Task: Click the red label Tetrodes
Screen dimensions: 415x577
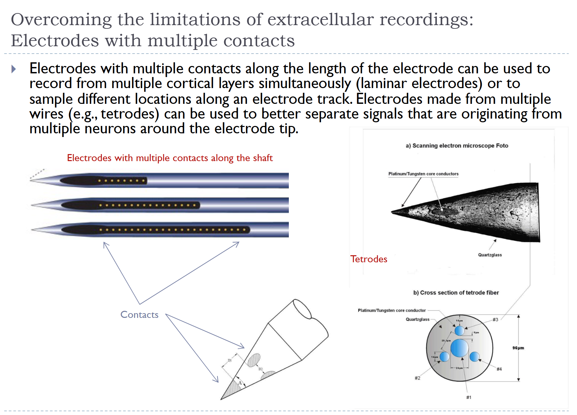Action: coord(369,259)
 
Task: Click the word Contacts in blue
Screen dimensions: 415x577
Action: coord(139,315)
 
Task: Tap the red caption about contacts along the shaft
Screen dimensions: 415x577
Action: coord(170,158)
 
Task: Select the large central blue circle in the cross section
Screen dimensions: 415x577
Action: coord(459,348)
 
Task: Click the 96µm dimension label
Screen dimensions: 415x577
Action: coord(518,348)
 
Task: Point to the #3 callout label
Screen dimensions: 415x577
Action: coord(495,320)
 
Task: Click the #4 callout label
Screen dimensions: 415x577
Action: coord(499,369)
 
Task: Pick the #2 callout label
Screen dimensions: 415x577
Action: coord(417,378)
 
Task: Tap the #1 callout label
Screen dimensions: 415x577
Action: coord(468,398)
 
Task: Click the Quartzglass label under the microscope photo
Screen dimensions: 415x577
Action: coord(490,255)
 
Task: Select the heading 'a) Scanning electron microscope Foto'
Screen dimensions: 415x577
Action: coord(457,146)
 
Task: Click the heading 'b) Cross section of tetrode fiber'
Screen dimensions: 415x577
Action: coord(456,293)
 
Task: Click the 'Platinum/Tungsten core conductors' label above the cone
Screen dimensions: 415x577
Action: coord(423,174)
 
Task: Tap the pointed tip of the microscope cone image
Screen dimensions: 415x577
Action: coord(392,212)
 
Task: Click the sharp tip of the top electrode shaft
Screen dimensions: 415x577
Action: coord(31,181)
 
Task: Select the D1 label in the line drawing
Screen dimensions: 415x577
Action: coord(230,360)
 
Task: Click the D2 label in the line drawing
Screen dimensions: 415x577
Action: coord(260,369)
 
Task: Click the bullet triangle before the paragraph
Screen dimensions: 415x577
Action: coord(14,69)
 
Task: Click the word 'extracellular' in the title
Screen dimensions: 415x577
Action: coord(320,19)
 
